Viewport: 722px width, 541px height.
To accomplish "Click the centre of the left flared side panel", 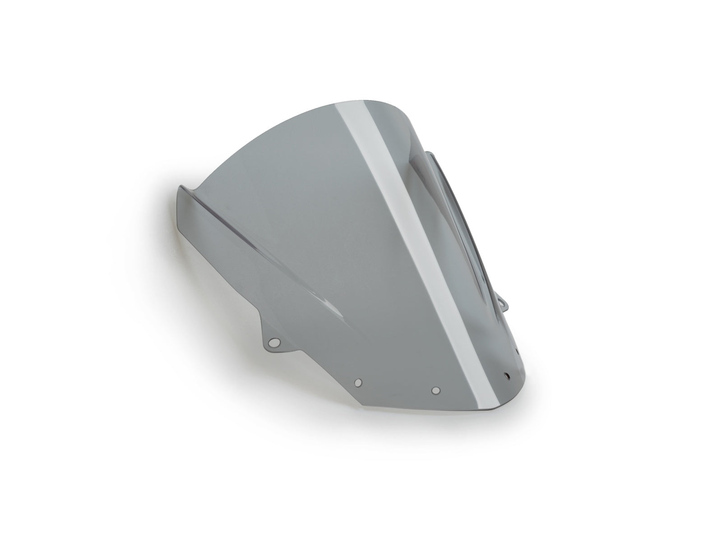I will click(x=217, y=252).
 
